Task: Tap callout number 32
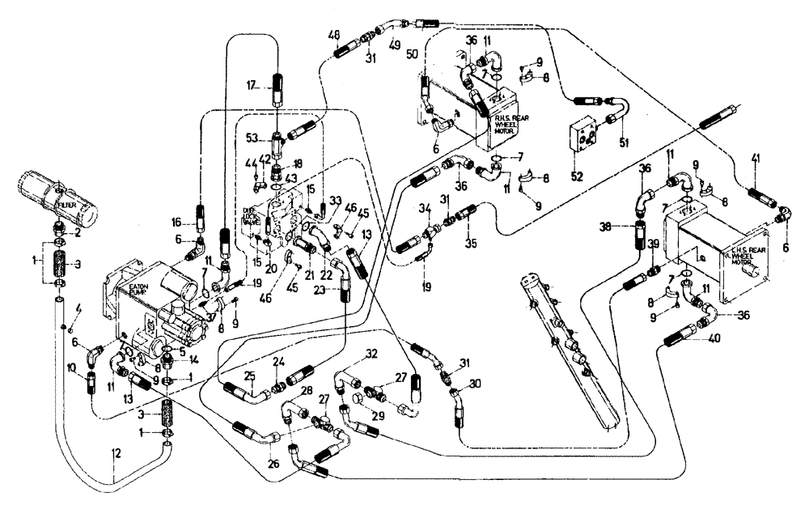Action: tap(371, 354)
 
